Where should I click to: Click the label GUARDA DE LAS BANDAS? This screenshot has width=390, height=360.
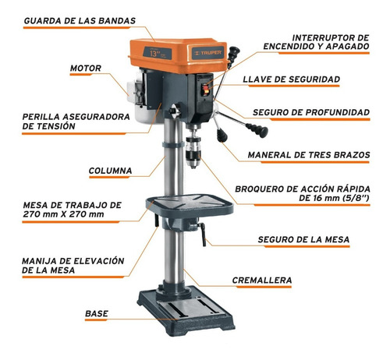(x=80, y=21)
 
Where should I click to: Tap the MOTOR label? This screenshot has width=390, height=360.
(x=86, y=69)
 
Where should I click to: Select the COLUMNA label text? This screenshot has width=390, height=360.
(x=110, y=171)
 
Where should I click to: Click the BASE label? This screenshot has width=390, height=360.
(x=97, y=313)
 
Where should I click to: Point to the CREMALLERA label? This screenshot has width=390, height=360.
(x=262, y=281)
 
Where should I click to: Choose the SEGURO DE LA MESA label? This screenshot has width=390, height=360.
(x=303, y=239)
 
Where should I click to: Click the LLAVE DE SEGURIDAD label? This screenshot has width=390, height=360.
(x=292, y=79)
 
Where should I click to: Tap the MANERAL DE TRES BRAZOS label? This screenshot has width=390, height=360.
(x=309, y=155)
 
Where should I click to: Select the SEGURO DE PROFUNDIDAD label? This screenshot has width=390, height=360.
(x=311, y=112)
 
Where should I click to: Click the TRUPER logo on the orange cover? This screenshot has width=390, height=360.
(x=208, y=53)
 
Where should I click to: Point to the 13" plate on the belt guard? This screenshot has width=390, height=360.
(x=157, y=53)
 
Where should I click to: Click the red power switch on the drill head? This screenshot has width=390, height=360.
(x=206, y=90)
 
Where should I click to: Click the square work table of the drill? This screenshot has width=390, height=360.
(x=190, y=204)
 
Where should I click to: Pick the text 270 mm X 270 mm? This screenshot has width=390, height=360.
(x=63, y=214)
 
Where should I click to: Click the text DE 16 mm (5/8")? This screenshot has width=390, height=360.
(x=334, y=198)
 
